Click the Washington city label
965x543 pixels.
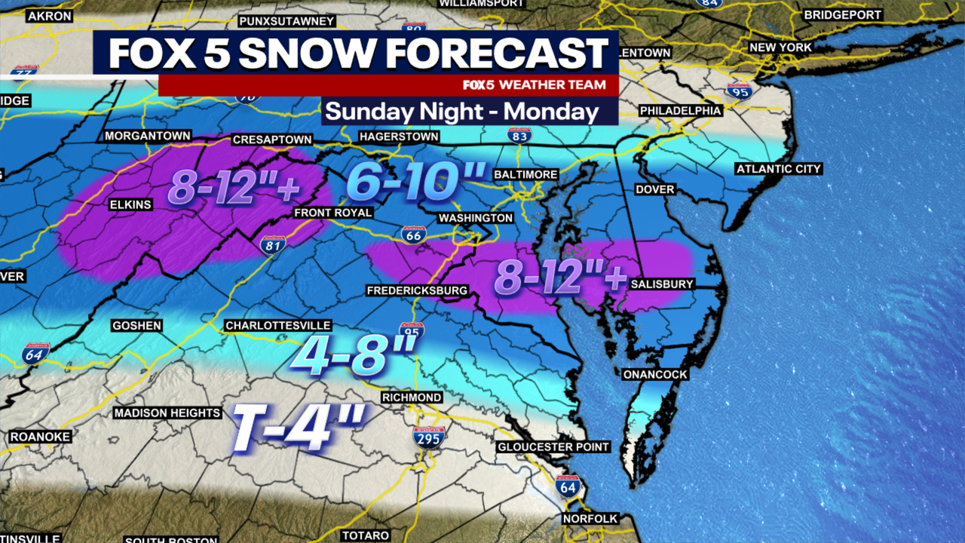point(476,218)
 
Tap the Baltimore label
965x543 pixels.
point(525,174)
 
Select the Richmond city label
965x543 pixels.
point(412,397)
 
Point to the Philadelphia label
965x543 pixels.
point(680,111)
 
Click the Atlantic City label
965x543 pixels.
point(779,169)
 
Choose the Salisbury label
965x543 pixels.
point(662,284)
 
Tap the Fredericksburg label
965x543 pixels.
point(417,290)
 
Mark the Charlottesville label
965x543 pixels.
point(278,326)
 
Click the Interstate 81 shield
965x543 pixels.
point(273,244)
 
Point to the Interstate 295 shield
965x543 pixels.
point(428,437)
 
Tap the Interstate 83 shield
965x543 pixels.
point(519,135)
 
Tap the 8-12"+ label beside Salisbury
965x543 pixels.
point(560,278)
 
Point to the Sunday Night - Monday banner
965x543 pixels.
point(462,112)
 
